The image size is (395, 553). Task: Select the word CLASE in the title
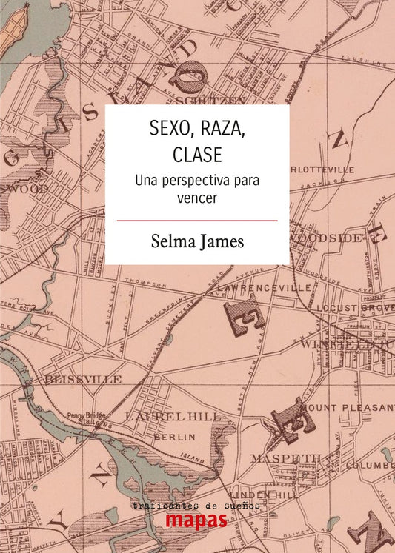coord(197,157)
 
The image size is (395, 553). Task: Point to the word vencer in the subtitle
coord(196,198)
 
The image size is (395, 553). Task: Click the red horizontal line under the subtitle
coord(197,221)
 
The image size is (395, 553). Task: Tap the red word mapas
coord(196,520)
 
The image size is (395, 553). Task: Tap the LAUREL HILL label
coord(173,417)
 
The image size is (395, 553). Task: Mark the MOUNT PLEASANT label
coord(349,407)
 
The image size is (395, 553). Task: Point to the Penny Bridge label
coord(84,415)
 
